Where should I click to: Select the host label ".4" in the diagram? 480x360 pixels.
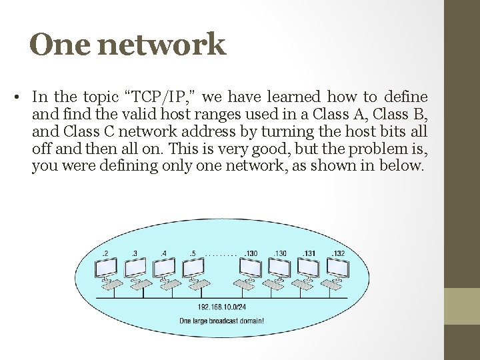[164, 253]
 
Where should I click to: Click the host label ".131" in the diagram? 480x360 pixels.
[309, 253]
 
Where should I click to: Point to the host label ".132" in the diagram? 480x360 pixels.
[338, 253]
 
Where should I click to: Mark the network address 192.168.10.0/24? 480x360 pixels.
[222, 307]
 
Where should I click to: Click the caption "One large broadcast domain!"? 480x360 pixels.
[222, 320]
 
